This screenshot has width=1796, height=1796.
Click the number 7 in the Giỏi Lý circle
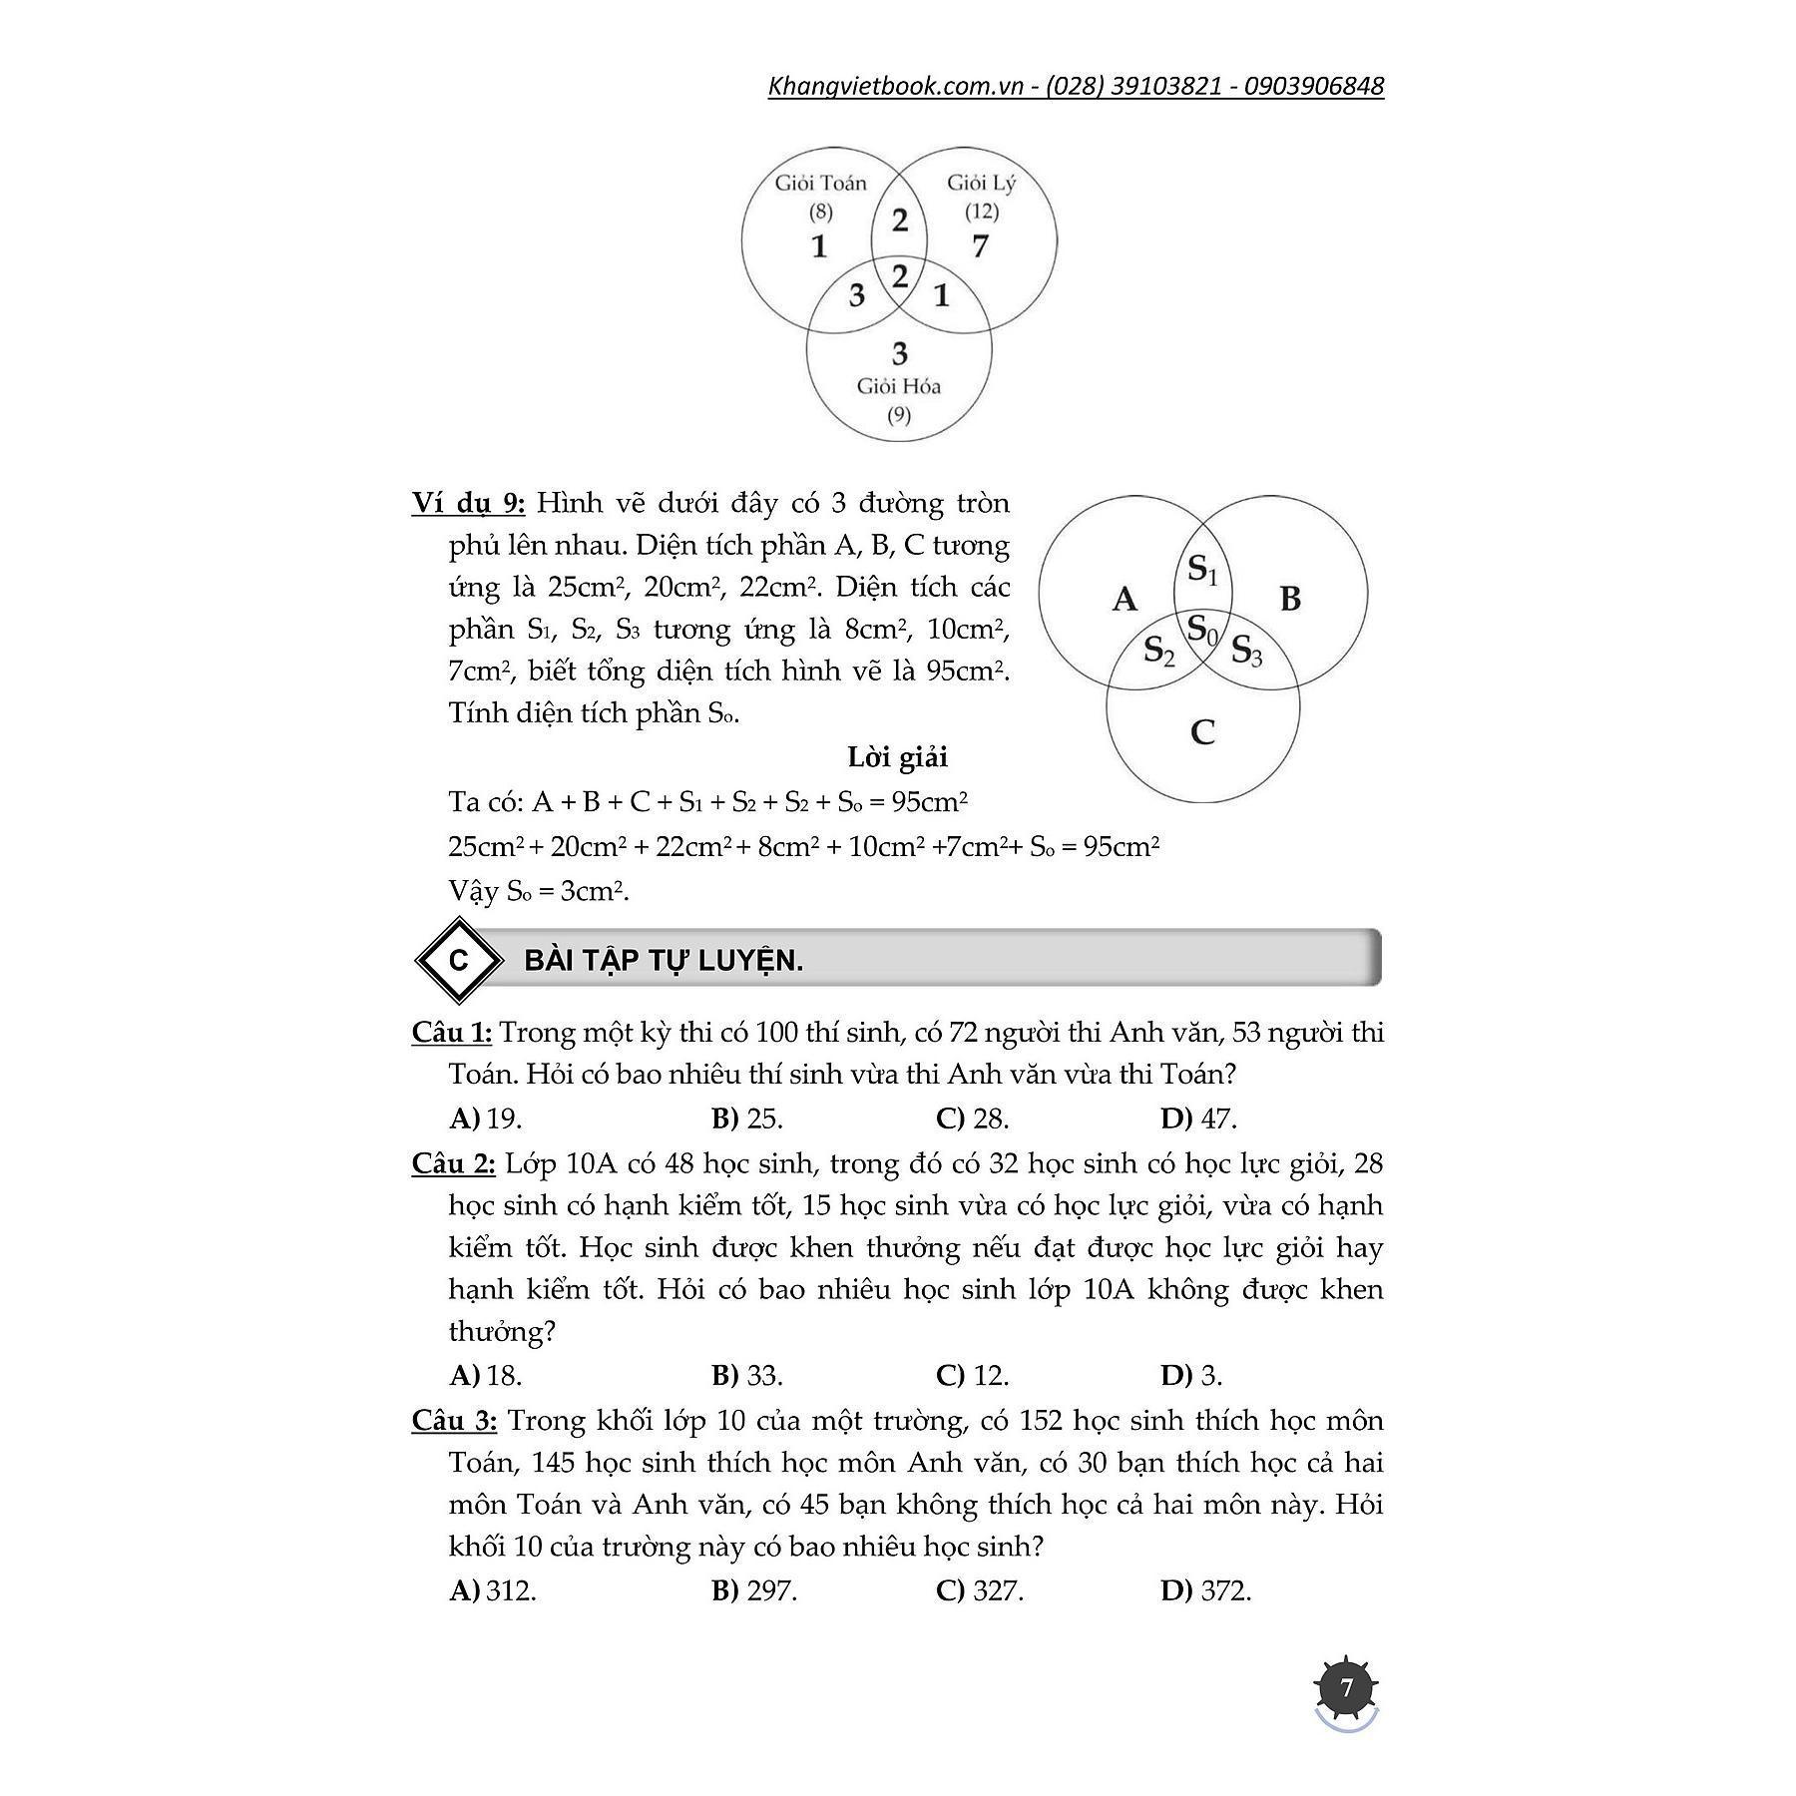point(980,245)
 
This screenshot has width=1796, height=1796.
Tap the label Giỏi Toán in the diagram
point(820,183)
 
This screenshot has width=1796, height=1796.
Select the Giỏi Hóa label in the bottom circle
point(898,386)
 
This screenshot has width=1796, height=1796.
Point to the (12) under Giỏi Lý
point(982,212)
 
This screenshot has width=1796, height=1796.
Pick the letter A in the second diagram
point(1124,599)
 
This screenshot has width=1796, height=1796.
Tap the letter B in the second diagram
point(1289,599)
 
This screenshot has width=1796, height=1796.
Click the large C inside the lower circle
point(1202,732)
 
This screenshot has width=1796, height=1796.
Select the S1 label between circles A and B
point(1202,570)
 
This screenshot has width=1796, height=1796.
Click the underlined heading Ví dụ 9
point(468,503)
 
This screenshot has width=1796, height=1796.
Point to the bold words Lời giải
point(897,757)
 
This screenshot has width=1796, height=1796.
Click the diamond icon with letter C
point(459,960)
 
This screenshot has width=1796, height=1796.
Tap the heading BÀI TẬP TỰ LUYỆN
point(664,961)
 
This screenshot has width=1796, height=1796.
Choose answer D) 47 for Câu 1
point(1198,1119)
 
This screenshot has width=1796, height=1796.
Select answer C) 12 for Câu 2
point(973,1376)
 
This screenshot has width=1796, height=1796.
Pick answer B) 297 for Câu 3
point(754,1590)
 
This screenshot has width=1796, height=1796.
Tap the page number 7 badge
point(1347,1687)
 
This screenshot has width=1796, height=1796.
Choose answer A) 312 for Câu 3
point(493,1590)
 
